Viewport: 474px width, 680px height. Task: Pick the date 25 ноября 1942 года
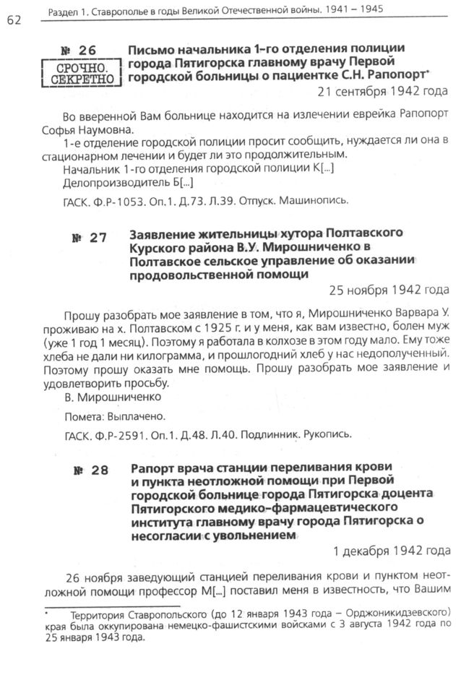point(389,290)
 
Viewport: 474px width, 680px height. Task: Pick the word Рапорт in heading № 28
point(152,466)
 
